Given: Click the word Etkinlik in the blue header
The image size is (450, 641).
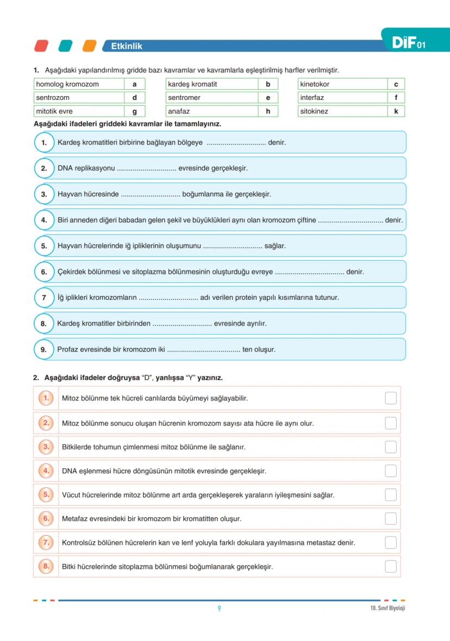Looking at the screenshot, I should coord(127,46).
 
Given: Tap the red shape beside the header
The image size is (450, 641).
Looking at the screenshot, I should coord(41,46).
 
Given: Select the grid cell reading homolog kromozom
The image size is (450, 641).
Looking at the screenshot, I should coord(78,84).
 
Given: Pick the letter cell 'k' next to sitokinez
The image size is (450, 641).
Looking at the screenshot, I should coord(396,111).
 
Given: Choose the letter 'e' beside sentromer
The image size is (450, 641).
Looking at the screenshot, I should coord(268,98).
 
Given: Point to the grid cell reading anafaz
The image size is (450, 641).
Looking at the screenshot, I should coord(211,111).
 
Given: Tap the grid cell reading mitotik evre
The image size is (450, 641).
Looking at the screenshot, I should coord(78,111).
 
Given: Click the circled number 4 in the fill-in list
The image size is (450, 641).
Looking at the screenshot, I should coord(44,220).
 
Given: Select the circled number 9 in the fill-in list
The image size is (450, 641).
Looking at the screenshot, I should coord(44,349).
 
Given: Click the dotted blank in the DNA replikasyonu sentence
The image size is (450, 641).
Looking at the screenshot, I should coord(146,169).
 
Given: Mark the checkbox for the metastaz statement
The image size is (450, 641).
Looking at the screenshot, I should coord(390,542).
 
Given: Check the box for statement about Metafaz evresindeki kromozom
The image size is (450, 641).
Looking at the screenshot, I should coord(390,518).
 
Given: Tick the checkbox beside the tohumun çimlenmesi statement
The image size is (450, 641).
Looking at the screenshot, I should coord(390,447).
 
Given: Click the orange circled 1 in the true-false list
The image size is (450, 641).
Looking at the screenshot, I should coord(46,398).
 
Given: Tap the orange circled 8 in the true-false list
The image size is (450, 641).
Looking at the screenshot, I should coord(46,566).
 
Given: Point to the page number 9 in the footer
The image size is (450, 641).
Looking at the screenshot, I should coord(219,608).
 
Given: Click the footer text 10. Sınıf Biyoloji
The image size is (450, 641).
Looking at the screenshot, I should coord(384,608).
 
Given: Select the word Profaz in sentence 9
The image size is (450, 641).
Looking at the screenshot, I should coord(68,349).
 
